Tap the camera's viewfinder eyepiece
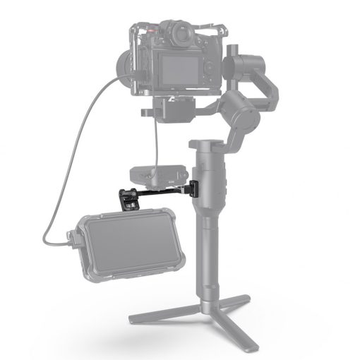point(181,33)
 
